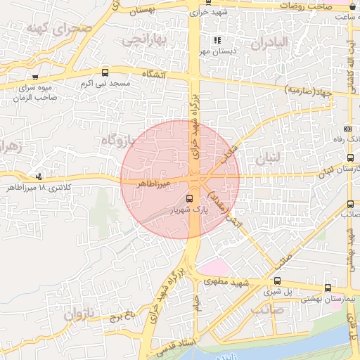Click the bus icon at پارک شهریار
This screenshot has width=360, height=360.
click(x=189, y=198)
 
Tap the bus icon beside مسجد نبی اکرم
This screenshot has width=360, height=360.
click(x=105, y=72)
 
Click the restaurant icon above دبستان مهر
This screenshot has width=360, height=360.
click(x=217, y=41)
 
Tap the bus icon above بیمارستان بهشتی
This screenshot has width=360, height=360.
click(x=328, y=288)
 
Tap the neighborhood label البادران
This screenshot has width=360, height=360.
click(x=269, y=43)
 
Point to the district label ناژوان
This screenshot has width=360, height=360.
click(x=79, y=314)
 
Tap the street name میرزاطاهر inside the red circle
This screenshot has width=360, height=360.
click(x=146, y=182)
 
